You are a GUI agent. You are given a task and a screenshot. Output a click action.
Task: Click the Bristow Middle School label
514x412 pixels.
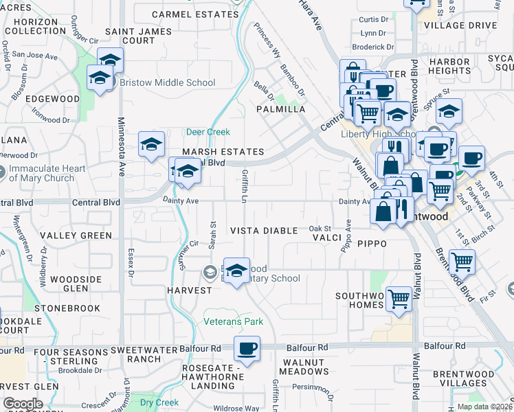pyautogui.click(x=168, y=83)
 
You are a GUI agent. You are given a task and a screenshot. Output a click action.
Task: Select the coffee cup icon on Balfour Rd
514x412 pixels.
pyautogui.click(x=247, y=348)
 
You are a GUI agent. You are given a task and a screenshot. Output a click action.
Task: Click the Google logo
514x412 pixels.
pyautogui.click(x=23, y=404)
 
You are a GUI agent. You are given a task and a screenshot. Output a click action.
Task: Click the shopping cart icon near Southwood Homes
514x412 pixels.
pyautogui.click(x=399, y=299)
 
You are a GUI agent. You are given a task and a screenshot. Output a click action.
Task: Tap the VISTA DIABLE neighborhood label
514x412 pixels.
pyautogui.click(x=264, y=231)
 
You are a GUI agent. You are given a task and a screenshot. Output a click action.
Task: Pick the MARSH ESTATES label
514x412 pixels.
pyautogui.click(x=223, y=152)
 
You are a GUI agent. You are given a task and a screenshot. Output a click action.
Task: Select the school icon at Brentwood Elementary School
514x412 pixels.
pyautogui.click(x=237, y=271)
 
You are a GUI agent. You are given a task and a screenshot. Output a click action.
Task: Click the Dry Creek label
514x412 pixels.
pyautogui.click(x=159, y=402)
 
